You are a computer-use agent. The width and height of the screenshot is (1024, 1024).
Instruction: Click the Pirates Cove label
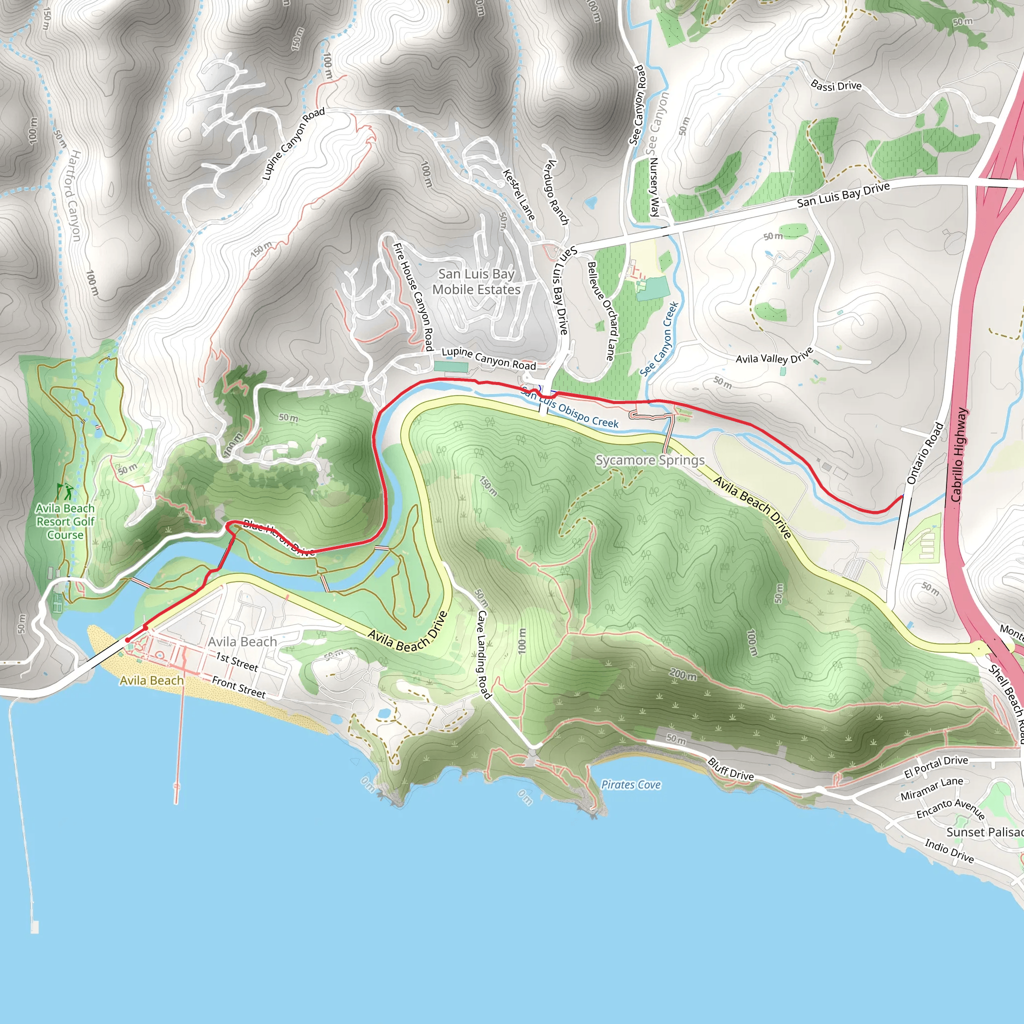point(630,784)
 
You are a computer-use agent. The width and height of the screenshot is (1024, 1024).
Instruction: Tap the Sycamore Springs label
point(650,460)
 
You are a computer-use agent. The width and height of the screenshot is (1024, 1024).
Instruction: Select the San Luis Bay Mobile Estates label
point(476,281)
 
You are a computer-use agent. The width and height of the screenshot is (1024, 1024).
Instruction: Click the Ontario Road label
point(925,453)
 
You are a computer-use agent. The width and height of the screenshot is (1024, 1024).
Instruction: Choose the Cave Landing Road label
point(483,654)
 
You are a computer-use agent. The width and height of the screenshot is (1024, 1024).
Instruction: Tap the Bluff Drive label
point(731,769)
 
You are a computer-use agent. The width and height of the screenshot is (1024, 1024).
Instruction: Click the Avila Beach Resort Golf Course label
point(64,521)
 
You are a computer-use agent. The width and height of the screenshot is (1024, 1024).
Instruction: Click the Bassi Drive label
point(836,85)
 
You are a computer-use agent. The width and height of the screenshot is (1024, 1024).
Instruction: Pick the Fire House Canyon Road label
point(413,297)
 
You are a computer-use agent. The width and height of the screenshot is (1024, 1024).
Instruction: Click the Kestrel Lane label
point(518,194)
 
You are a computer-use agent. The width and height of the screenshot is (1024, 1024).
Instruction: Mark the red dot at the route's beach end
point(127,640)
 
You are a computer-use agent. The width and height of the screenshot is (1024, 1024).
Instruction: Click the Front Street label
point(238,687)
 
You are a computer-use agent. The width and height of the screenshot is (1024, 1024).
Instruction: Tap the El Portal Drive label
point(935,766)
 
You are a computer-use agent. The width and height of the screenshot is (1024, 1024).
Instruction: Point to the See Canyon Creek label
point(659,339)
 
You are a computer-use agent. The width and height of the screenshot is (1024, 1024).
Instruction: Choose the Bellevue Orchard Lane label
point(601,310)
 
